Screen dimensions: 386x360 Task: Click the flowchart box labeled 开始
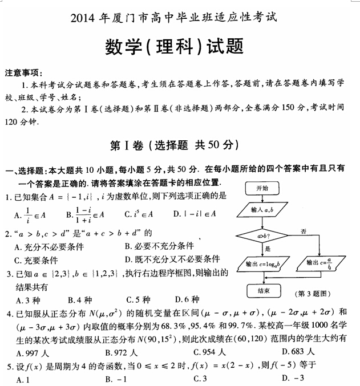[262, 188]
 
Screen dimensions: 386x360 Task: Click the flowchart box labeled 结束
[263, 290]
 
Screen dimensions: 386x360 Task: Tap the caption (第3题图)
[313, 293]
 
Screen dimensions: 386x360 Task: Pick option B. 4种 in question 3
[80, 299]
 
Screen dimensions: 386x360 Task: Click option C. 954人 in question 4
[211, 352]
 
